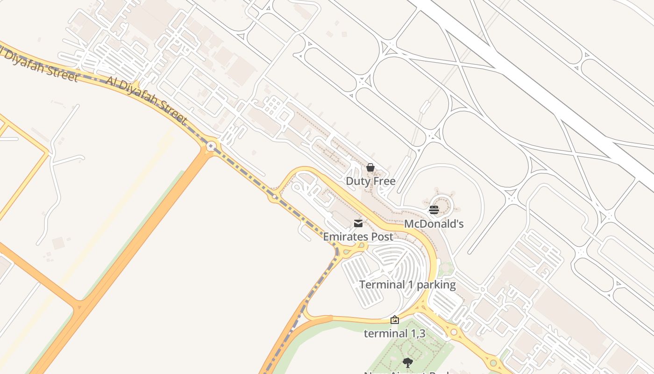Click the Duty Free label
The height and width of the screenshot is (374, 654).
pos(370,181)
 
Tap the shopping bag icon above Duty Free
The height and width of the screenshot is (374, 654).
pos(370,167)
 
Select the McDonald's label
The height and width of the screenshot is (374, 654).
pos(434,224)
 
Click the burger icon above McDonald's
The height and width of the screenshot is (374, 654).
pos(434,209)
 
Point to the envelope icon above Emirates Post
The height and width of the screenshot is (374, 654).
pos(358,223)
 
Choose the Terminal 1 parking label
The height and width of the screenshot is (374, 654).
pos(407,285)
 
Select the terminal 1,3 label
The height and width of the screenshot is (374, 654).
pos(394,334)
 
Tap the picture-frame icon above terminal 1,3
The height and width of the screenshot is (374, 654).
pos(395,320)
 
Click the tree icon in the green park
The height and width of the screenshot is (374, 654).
pos(408,362)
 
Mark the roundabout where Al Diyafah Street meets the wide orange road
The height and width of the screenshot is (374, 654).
pos(212,146)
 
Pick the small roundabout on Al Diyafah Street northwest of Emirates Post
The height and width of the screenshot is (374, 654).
pos(274,197)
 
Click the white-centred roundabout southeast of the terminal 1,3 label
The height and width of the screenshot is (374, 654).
pos(454,332)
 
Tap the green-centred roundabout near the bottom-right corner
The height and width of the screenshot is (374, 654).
pos(493,363)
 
